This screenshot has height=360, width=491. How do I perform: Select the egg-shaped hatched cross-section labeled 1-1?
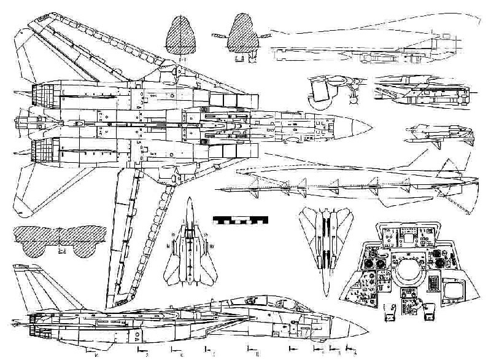coord(182,39)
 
